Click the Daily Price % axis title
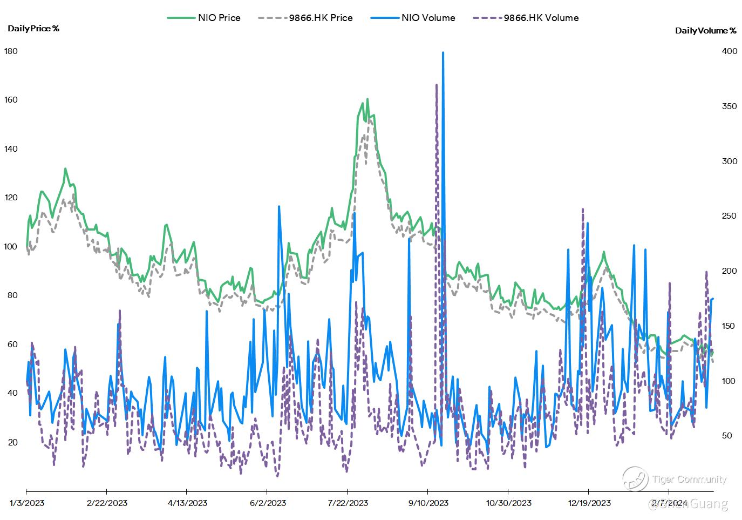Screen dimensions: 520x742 33,29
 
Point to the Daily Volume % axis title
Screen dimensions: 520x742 705,31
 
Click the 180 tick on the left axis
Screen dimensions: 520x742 11,51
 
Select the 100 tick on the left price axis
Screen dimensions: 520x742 11,247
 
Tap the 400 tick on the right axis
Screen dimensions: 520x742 730,51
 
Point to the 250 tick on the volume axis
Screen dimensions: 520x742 730,216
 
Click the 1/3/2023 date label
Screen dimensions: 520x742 27,503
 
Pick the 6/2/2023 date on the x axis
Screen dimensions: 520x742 268,503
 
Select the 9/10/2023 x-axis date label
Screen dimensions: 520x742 428,503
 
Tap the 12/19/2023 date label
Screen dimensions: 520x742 589,503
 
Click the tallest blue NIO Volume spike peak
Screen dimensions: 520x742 443,53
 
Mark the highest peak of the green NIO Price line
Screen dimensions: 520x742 367,99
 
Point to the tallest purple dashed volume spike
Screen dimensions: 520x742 437,85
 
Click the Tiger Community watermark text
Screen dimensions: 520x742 689,480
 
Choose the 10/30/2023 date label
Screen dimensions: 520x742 508,503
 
